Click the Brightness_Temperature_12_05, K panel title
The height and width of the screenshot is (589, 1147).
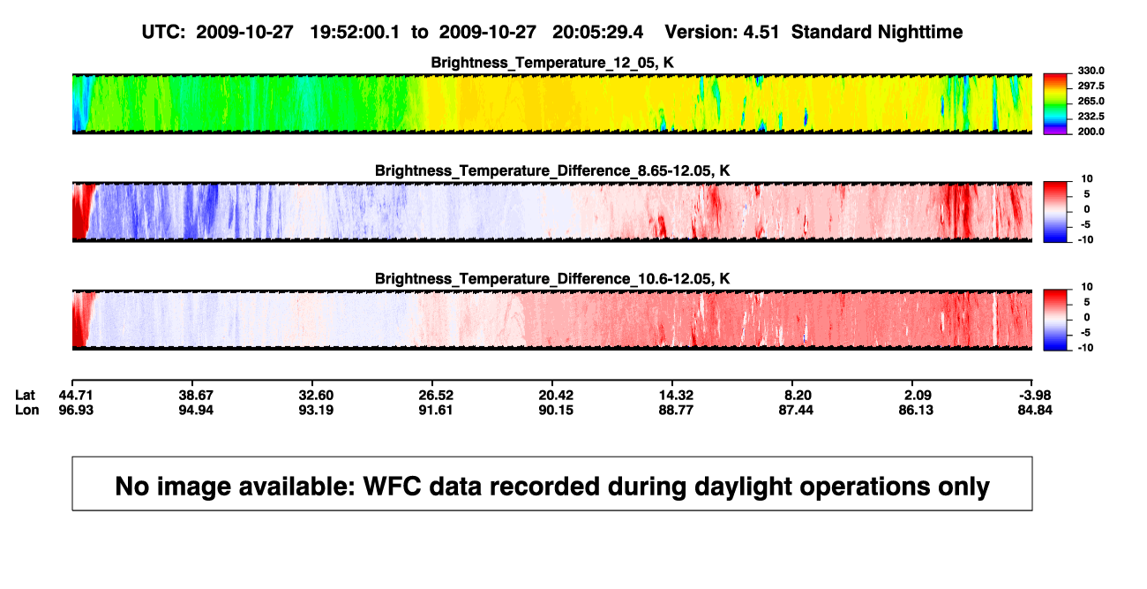click(552, 63)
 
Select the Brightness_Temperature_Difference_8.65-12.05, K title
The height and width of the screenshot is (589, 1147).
click(552, 170)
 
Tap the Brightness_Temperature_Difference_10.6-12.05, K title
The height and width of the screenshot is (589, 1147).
click(552, 279)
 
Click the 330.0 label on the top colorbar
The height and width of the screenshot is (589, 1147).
click(1091, 71)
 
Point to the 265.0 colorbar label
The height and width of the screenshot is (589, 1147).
click(1091, 101)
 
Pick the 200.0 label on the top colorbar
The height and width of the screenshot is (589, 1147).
click(1091, 132)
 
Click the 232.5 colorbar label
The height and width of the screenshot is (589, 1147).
click(1091, 117)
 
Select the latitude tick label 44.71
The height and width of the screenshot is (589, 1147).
click(76, 396)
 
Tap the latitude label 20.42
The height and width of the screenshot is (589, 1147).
click(556, 396)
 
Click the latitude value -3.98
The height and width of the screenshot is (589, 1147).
click(1035, 396)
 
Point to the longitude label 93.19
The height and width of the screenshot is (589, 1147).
click(316, 410)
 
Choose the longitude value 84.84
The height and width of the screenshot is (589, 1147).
click(1035, 410)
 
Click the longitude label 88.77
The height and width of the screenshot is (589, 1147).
click(676, 410)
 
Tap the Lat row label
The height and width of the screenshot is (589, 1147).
click(25, 396)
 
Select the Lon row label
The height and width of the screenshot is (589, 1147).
click(27, 410)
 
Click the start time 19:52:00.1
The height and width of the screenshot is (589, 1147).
click(355, 33)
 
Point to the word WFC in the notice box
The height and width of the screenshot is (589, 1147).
click(392, 486)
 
